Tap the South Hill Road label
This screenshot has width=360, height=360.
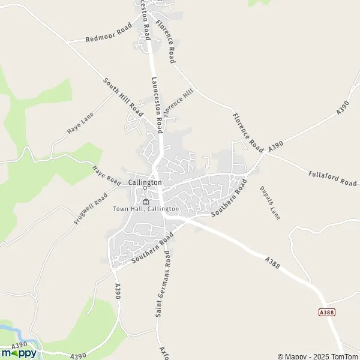coord(123,97)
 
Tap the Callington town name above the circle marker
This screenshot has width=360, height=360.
coord(145,182)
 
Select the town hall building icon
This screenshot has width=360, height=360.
coord(145,200)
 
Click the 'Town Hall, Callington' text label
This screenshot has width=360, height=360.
coord(146,208)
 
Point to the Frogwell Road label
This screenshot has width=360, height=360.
coord(91,208)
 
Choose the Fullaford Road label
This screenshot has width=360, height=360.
coord(324,178)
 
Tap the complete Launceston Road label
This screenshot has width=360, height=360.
coord(158,104)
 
